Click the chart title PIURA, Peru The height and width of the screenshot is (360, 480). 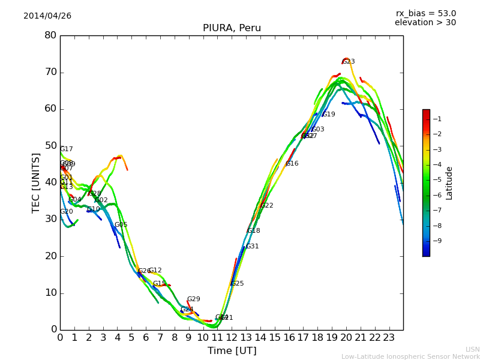(232, 28)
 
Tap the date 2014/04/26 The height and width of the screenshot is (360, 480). (47, 16)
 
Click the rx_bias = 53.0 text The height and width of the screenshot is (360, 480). (425, 14)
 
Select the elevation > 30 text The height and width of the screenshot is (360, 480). (425, 23)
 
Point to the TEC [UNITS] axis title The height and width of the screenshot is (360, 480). (36, 182)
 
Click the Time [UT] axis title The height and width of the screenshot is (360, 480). (232, 350)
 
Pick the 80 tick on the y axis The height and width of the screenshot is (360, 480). (50, 35)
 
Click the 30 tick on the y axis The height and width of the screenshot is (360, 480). (50, 220)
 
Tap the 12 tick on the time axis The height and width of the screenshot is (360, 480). (232, 337)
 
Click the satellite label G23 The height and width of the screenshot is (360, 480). (349, 62)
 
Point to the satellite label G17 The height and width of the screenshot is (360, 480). (67, 149)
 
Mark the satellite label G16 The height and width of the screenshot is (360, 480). (292, 164)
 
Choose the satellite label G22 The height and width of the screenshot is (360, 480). (267, 206)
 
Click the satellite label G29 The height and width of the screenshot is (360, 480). (194, 299)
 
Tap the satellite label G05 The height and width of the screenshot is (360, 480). (121, 225)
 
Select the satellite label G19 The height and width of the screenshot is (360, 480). (329, 115)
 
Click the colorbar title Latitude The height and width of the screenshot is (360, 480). (449, 182)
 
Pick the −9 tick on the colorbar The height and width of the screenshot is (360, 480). (437, 241)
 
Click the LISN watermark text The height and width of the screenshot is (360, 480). (473, 349)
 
